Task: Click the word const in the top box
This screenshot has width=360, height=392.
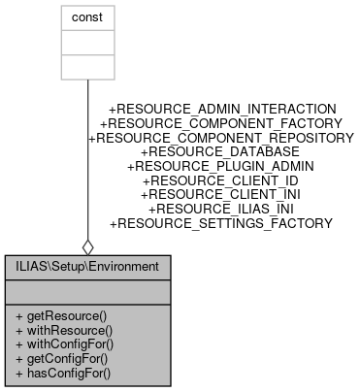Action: (x=87, y=17)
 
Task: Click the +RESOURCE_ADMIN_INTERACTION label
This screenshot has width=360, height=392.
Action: (x=222, y=109)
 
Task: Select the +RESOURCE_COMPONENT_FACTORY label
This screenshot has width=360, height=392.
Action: (x=221, y=123)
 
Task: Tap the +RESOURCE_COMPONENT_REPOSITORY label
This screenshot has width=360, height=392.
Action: (x=221, y=138)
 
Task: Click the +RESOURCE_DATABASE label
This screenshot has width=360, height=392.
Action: (x=221, y=152)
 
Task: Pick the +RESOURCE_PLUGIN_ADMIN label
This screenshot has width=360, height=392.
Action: (x=221, y=166)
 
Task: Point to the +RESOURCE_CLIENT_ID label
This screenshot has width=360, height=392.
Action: (x=221, y=180)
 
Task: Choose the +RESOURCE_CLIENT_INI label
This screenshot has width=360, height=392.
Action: (x=221, y=194)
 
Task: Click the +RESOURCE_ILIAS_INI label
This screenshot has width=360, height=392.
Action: (x=221, y=209)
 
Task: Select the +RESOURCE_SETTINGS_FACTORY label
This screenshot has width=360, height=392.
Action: (x=221, y=223)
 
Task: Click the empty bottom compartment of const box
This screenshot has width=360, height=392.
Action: (x=87, y=67)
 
